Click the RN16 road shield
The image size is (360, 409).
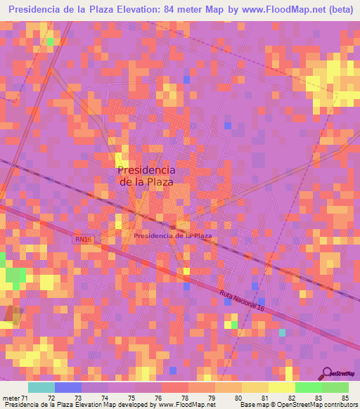click(84, 240)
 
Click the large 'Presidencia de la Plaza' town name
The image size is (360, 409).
click(146, 175)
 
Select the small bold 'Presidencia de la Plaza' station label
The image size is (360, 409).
click(173, 236)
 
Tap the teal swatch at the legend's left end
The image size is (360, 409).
click(41, 387)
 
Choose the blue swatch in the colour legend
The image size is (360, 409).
click(68, 387)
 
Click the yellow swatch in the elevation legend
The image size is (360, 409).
click(281, 387)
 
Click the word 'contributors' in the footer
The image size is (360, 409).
click(340, 404)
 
